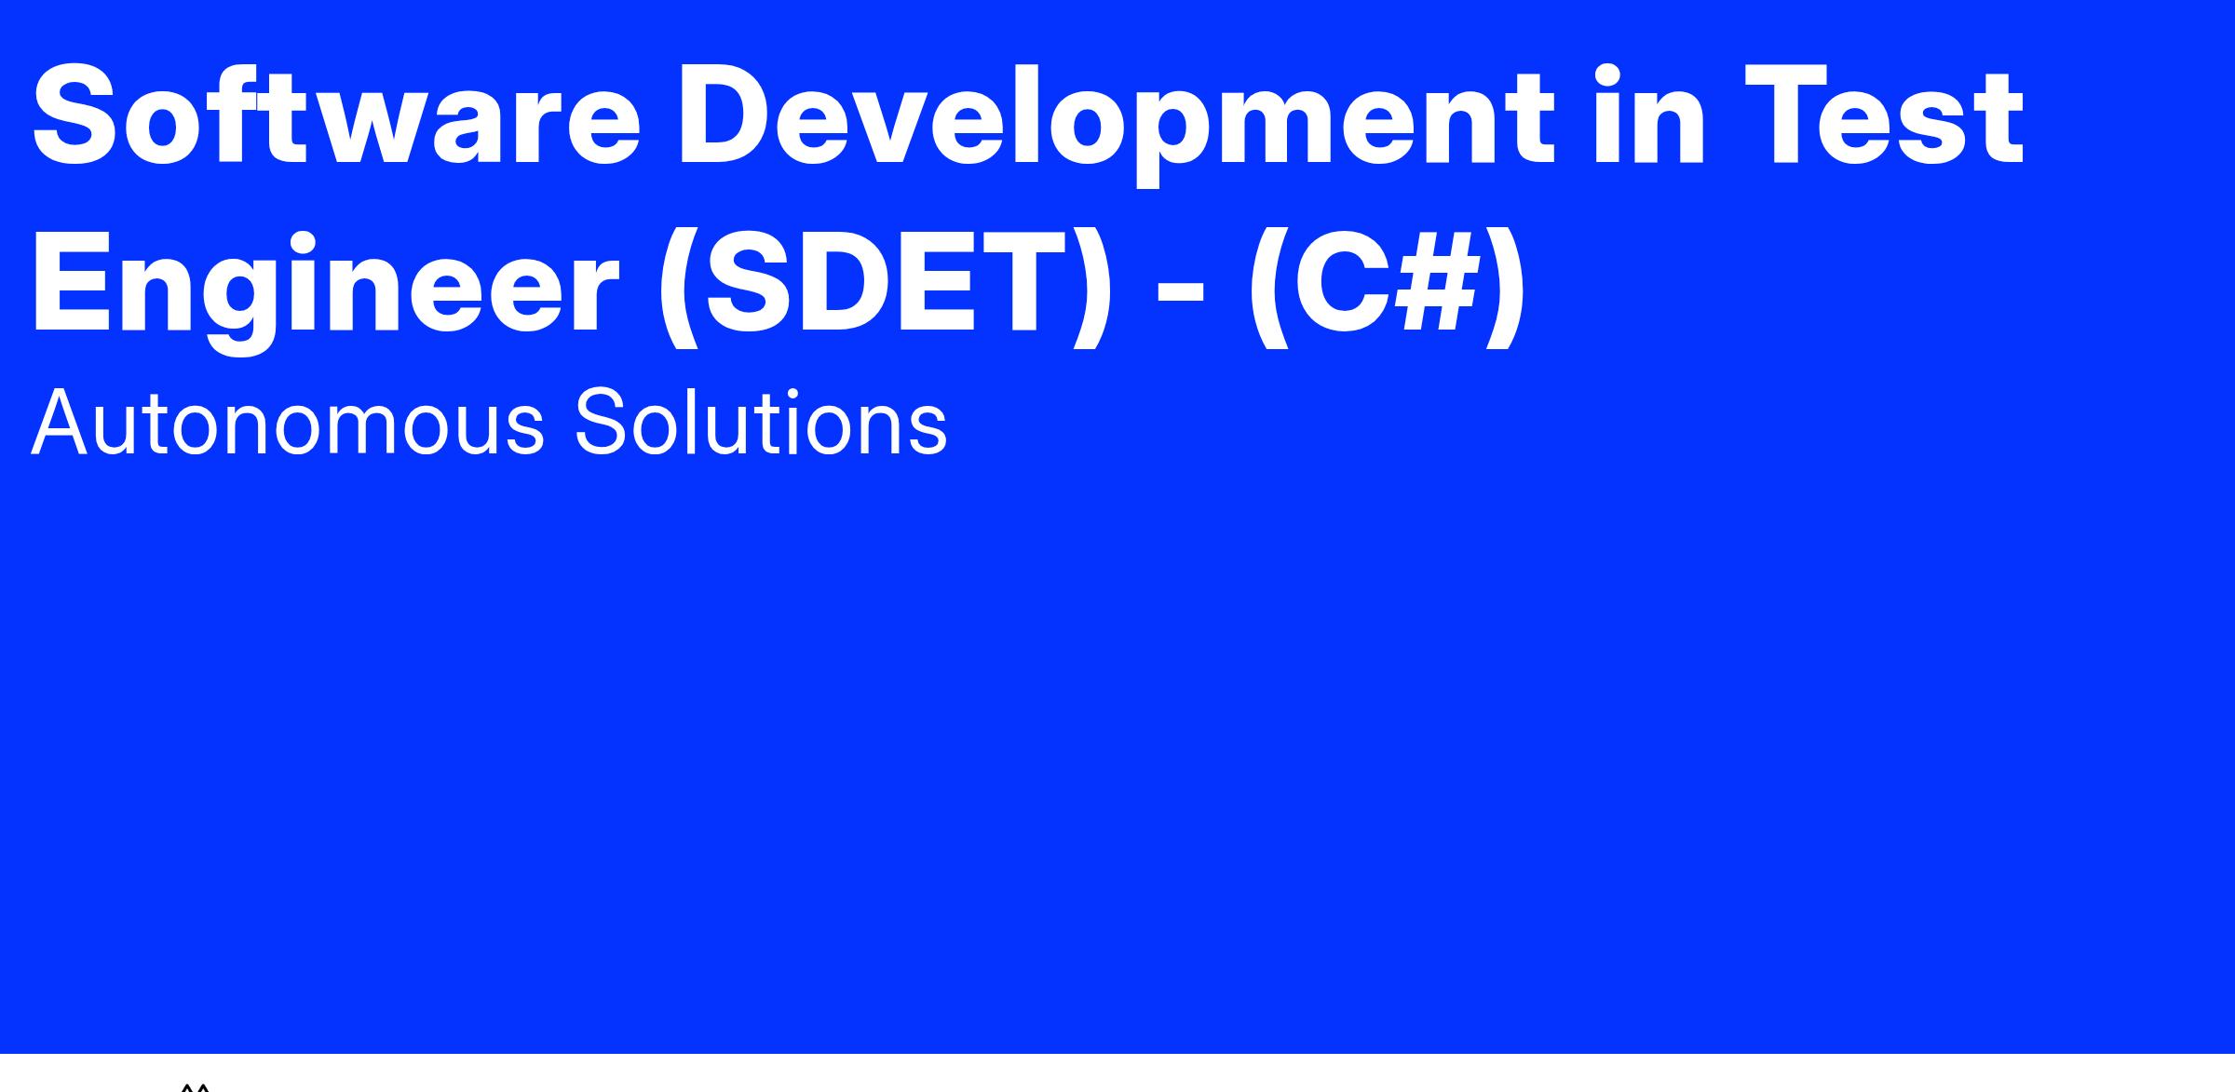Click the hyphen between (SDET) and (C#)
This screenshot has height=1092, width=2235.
(1179, 295)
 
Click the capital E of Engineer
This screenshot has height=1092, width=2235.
(74, 282)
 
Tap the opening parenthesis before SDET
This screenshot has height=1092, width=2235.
(679, 287)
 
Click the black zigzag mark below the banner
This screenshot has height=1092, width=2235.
(195, 1086)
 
